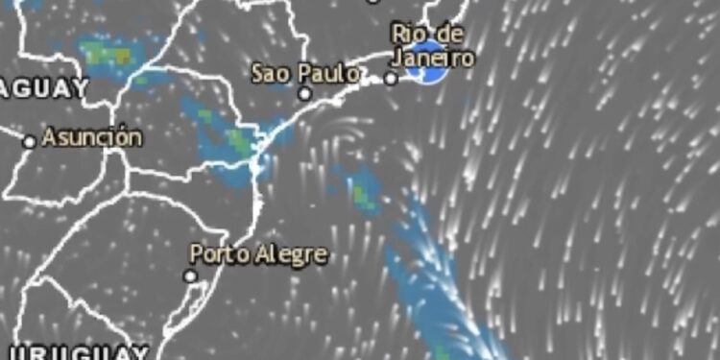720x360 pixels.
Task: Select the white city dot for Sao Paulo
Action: (304, 94)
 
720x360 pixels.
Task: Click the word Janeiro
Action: (433, 59)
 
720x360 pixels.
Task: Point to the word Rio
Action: (407, 34)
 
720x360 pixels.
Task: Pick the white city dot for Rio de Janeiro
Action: (391, 79)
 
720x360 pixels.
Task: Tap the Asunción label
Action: (92, 137)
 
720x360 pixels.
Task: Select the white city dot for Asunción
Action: (30, 141)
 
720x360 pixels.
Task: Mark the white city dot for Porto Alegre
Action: (190, 276)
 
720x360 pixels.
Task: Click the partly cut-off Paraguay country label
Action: (44, 88)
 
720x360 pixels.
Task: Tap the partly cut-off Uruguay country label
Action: (77, 351)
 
